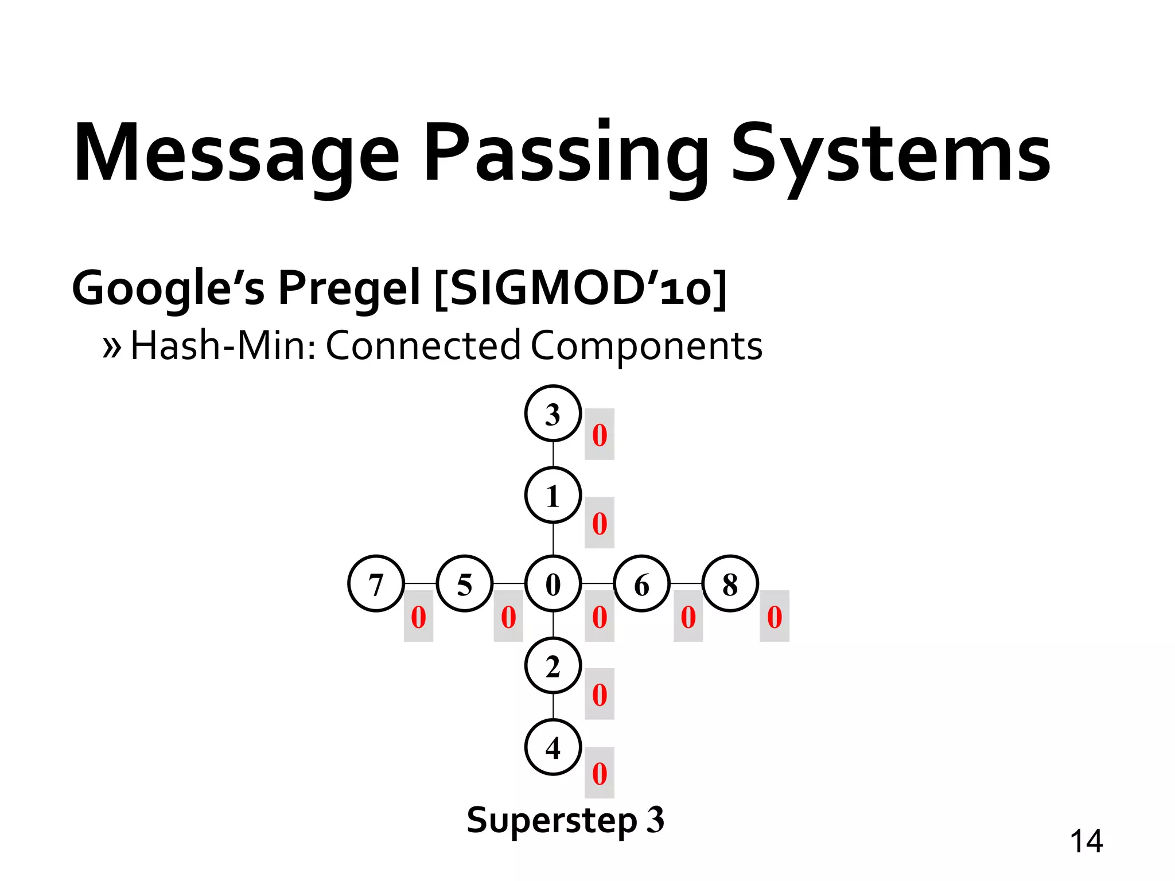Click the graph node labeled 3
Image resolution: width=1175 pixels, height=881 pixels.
(x=553, y=414)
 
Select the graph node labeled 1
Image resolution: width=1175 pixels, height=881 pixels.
(x=553, y=496)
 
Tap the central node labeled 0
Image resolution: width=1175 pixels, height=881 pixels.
(x=553, y=584)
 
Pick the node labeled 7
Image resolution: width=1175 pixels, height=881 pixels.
(x=376, y=584)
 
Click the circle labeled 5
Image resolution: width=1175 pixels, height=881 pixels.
(x=464, y=584)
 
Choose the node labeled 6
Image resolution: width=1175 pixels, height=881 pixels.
(x=641, y=584)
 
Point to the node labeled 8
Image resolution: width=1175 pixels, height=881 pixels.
(x=730, y=584)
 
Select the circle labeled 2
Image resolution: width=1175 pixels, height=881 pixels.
(x=553, y=666)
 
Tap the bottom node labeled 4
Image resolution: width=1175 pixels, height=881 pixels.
(x=553, y=748)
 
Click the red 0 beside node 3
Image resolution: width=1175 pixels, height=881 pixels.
(x=600, y=435)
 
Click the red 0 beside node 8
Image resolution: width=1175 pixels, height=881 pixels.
(x=775, y=617)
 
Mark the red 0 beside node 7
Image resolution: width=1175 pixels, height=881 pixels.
(x=418, y=617)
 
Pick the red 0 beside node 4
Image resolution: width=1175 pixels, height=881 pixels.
(x=600, y=773)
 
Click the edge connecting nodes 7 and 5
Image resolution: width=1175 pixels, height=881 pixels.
(x=421, y=584)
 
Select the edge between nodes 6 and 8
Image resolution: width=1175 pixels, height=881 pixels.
(x=686, y=584)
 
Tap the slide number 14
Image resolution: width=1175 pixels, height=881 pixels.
(x=1086, y=841)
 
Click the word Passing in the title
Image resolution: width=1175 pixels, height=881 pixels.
(x=565, y=154)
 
